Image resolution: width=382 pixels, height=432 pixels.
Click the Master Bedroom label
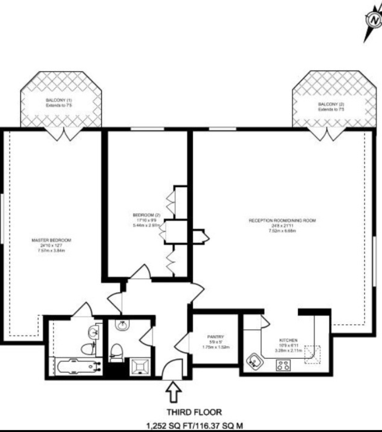[51, 240]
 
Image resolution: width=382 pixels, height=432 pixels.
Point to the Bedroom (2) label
[146, 215]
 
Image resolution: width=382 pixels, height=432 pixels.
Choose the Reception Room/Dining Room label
[282, 220]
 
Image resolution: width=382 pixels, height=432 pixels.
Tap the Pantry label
[215, 337]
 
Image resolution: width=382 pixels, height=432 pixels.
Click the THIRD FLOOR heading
[194, 412]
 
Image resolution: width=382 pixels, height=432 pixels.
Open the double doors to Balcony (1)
[64, 134]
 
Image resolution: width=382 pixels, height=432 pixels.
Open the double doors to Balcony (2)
[327, 134]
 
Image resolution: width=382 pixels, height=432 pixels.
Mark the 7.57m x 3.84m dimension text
[51, 251]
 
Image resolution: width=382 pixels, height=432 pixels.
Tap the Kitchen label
[288, 340]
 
